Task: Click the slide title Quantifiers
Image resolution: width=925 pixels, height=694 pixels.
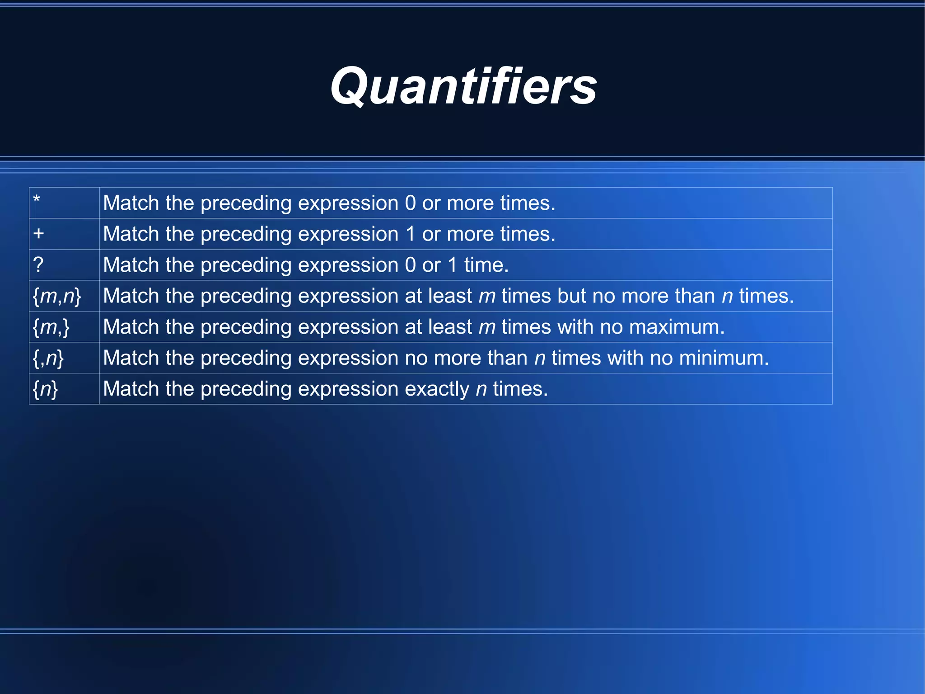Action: point(463,86)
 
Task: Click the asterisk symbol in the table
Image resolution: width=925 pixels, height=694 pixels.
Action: point(37,199)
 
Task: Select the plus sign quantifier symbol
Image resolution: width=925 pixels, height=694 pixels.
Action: point(39,234)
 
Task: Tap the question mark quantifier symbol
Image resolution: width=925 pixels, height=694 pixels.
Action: point(38,264)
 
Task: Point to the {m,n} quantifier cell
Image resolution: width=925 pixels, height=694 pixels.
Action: point(57,296)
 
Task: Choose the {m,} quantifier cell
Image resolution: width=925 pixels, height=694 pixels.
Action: point(51,327)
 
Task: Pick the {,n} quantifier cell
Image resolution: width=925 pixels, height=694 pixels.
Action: point(48,358)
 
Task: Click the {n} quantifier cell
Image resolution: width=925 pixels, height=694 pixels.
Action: point(45,389)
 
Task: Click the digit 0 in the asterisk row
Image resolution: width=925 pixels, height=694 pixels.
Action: point(410,203)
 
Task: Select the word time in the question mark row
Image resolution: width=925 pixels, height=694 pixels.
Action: point(486,265)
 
